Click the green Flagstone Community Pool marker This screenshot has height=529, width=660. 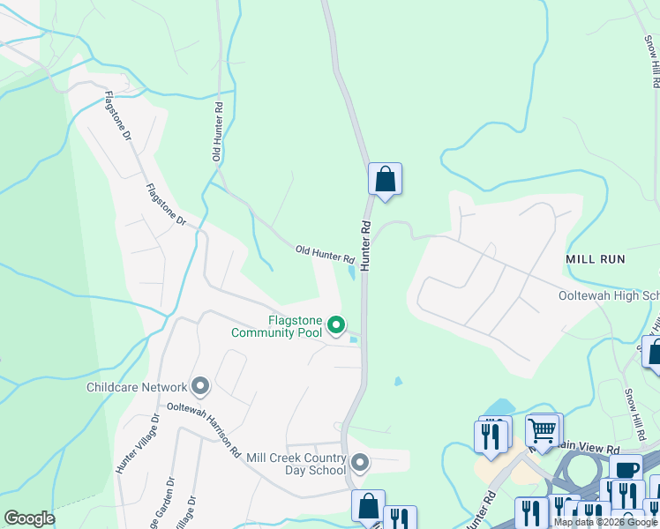(336, 325)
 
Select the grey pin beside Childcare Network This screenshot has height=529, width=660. (200, 387)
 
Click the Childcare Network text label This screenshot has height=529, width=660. (137, 387)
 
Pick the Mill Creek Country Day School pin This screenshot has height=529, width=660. (359, 463)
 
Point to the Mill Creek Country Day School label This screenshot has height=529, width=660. (296, 464)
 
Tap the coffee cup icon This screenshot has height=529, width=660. (626, 470)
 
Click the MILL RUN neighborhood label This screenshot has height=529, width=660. (596, 259)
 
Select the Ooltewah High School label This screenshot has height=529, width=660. (609, 296)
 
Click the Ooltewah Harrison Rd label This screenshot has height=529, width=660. (205, 430)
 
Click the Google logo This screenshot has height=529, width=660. (29, 518)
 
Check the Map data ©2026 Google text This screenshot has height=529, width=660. (605, 522)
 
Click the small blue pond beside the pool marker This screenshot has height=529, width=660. (355, 339)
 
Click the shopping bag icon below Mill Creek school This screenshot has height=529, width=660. (368, 506)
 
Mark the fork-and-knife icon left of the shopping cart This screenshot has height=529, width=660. (490, 436)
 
